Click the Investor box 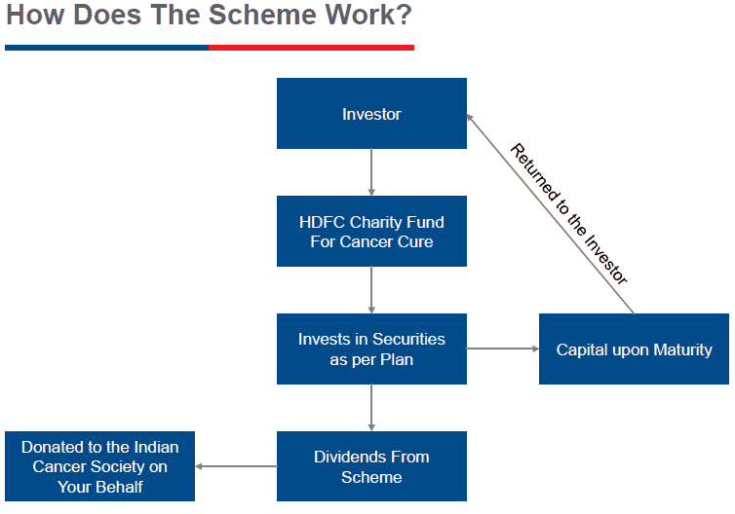(371, 113)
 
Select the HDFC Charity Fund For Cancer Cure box (371, 232)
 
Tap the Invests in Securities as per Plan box (371, 349)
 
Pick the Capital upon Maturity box (634, 349)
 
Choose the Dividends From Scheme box (371, 466)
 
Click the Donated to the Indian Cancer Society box (99, 466)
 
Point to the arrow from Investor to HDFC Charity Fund (371, 172)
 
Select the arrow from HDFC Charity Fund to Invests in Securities (371, 290)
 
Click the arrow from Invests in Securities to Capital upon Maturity (503, 349)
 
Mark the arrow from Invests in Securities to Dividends (371, 408)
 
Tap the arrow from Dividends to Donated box (236, 466)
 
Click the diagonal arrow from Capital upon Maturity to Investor (551, 214)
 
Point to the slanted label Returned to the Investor (568, 214)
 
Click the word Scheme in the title (262, 15)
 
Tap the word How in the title (35, 15)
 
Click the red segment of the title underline (311, 48)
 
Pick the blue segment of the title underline (107, 48)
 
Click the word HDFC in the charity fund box (322, 222)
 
